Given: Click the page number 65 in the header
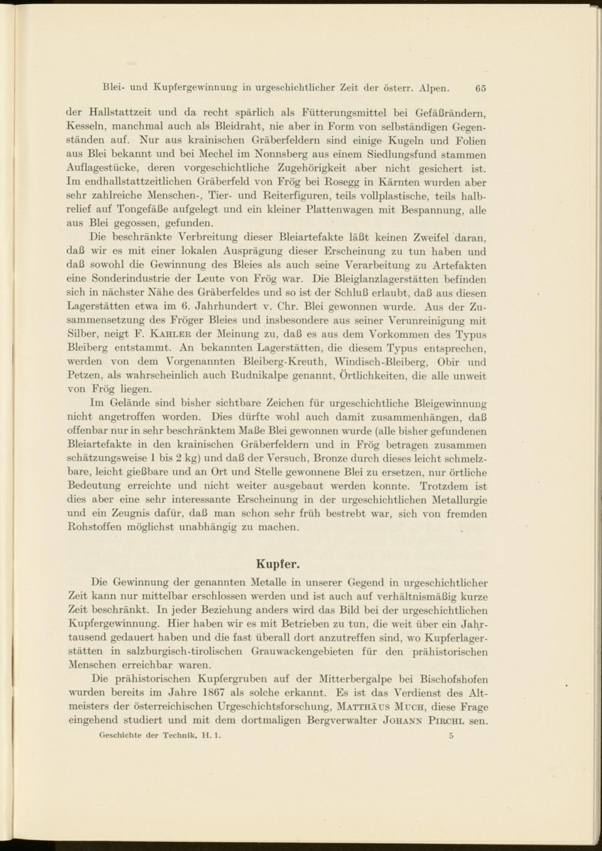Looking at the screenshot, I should click(x=480, y=87).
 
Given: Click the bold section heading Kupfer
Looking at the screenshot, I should click(x=278, y=564).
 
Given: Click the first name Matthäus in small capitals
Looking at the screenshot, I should click(x=359, y=707).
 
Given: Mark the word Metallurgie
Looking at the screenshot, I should click(x=458, y=500).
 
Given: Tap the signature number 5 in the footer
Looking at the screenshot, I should click(x=451, y=736).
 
